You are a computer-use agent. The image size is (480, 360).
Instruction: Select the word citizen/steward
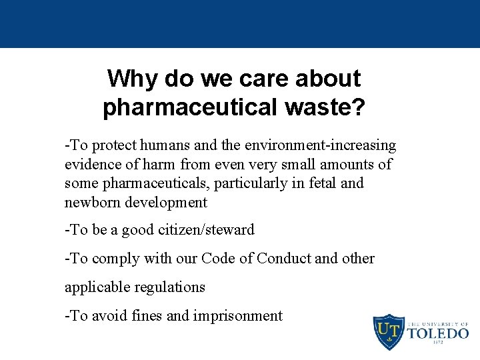207,230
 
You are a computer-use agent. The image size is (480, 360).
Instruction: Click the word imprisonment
238,316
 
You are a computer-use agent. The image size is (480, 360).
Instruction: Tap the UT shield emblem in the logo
388,331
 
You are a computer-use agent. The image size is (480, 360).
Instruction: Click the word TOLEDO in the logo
437,333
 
